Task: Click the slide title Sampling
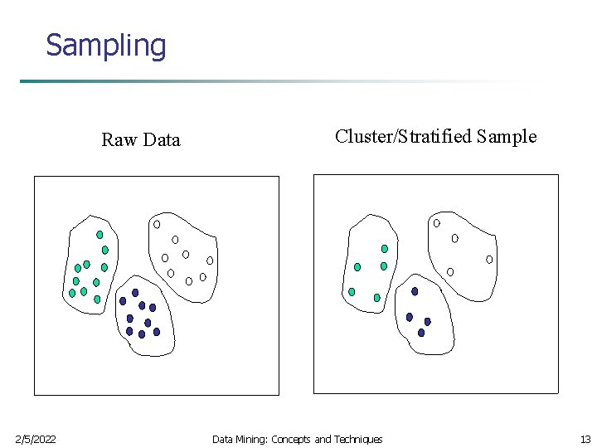[106, 45]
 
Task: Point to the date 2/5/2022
[36, 439]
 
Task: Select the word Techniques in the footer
[358, 439]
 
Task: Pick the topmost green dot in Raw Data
[99, 235]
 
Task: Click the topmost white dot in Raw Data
[157, 224]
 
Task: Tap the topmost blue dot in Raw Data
[135, 293]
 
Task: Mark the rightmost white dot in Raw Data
[210, 261]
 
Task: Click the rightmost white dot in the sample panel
[489, 260]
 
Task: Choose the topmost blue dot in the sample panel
[415, 291]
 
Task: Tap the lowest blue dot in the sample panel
[421, 333]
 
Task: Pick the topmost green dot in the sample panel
[384, 248]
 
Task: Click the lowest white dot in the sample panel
[450, 271]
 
